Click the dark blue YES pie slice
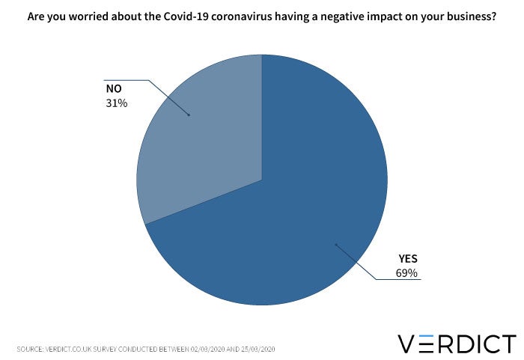299,225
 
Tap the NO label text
114,89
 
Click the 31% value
117,103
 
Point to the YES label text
407,259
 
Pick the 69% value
406,273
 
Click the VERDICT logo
456,344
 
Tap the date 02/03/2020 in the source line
212,349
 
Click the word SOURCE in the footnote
31,349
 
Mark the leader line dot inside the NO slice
188,115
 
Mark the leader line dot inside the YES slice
336,244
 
